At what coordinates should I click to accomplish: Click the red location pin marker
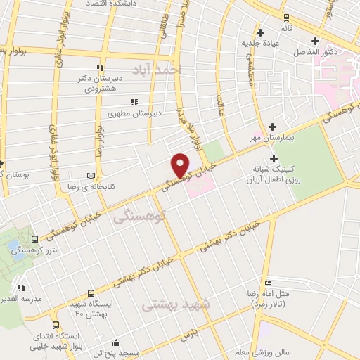(181, 165)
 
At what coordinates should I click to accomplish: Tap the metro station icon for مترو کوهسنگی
(35, 240)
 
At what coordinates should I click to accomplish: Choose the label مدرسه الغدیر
(19, 297)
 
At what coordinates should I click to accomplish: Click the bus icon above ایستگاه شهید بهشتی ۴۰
(91, 293)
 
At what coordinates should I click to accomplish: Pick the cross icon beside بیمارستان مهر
(272, 127)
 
